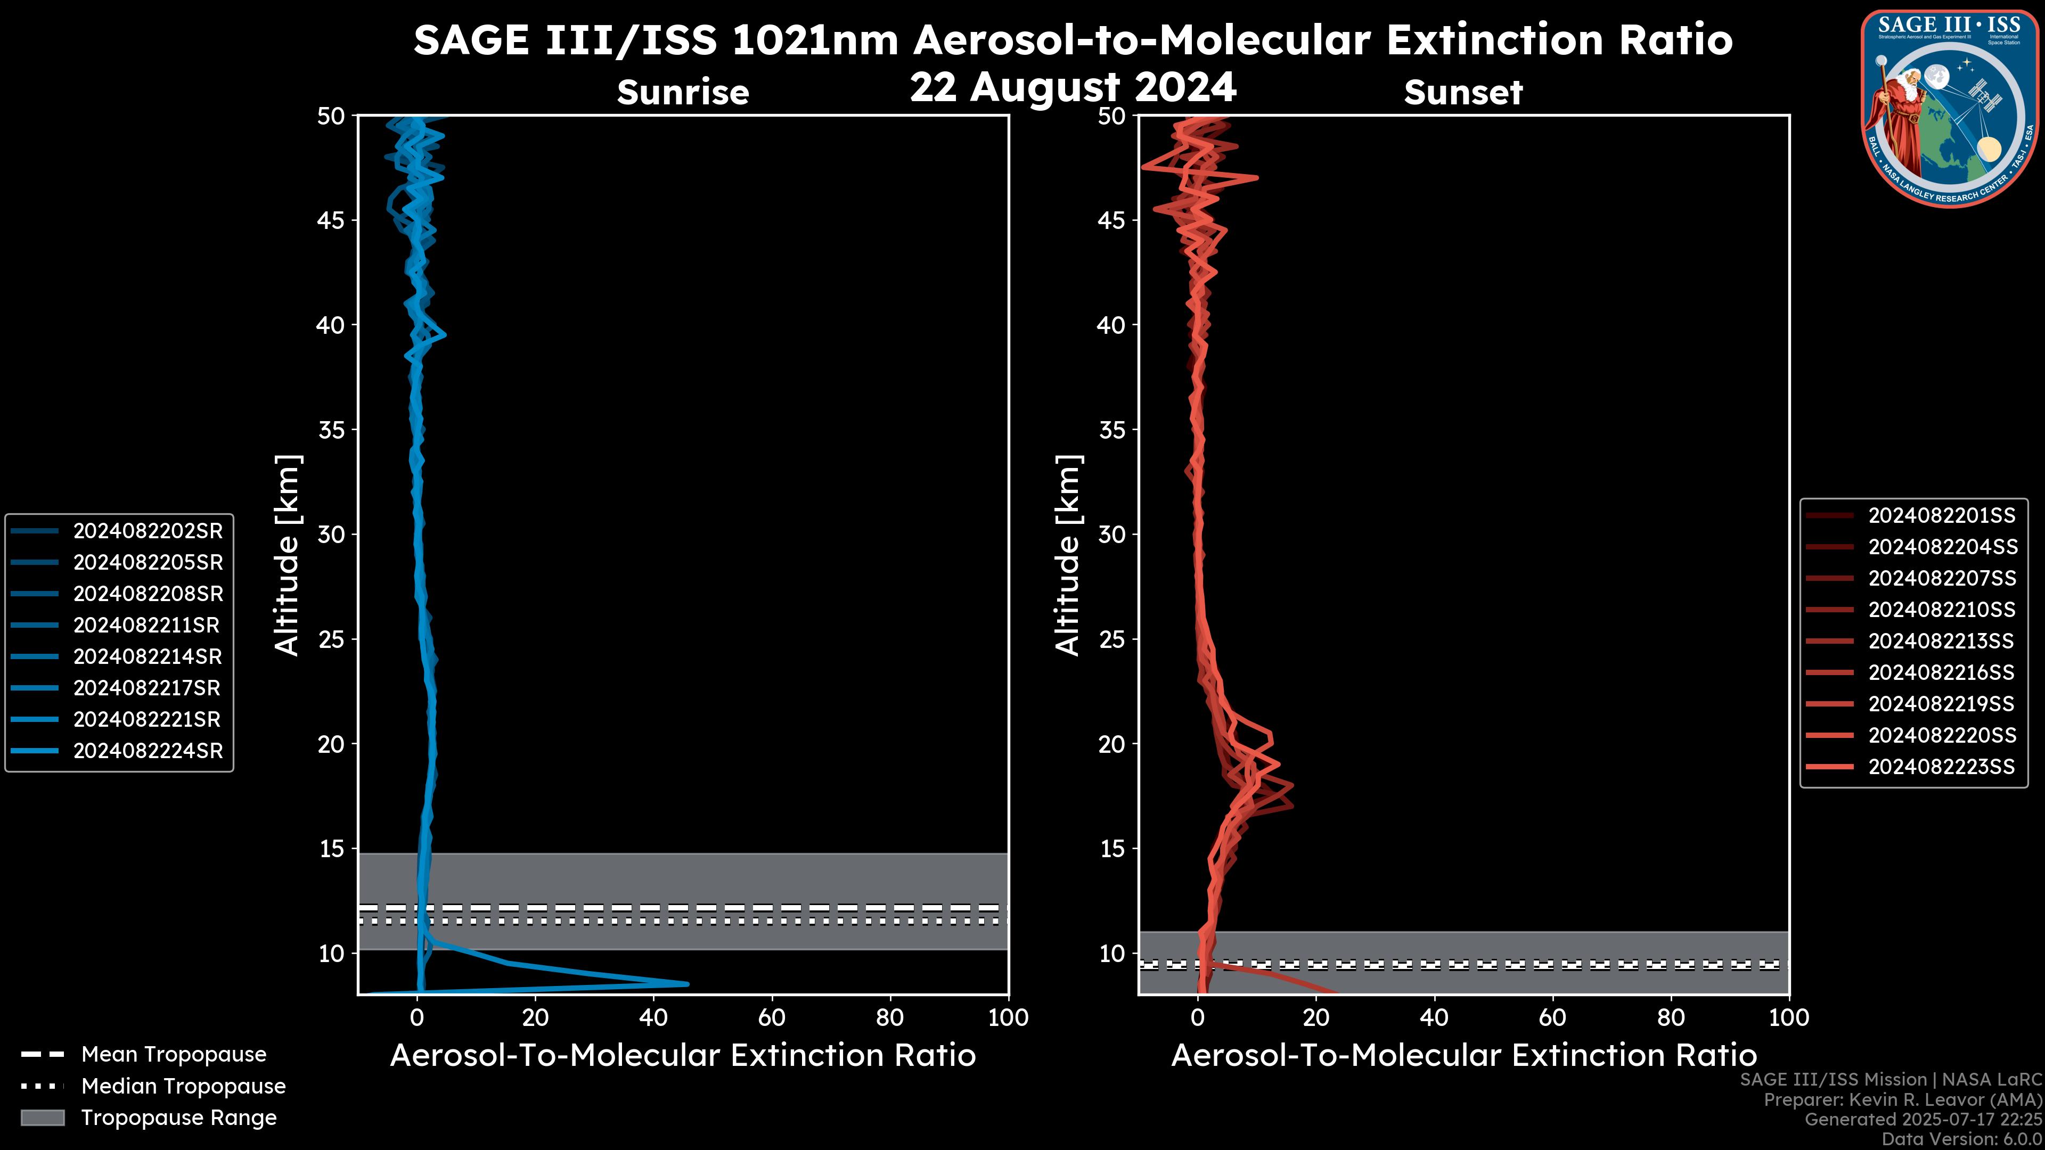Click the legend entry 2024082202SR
click(x=148, y=531)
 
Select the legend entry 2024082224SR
click(x=148, y=751)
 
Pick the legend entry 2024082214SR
click(x=148, y=656)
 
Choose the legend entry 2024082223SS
click(x=1941, y=767)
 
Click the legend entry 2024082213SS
click(x=1941, y=641)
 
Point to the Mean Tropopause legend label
click(x=174, y=1055)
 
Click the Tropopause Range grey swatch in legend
click(x=43, y=1118)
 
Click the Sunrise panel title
click(x=683, y=92)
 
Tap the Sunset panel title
click(x=1463, y=92)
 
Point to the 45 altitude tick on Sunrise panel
click(x=331, y=220)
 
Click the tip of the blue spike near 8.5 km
click(x=686, y=984)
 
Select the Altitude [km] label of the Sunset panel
click(x=1068, y=555)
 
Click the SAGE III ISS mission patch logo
click(x=1948, y=107)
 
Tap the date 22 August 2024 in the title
click(x=1073, y=87)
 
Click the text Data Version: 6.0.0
click(x=1962, y=1139)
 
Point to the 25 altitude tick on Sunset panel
click(x=1112, y=639)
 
